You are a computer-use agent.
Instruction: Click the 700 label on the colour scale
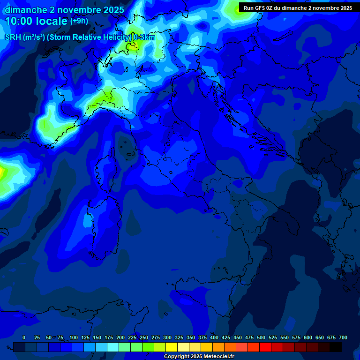click(343, 337)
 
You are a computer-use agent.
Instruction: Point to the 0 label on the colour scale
click(24, 337)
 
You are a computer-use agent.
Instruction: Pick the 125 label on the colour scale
click(85, 337)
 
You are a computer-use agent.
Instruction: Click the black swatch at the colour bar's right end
click(336, 347)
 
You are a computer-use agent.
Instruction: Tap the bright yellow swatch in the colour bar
click(172, 347)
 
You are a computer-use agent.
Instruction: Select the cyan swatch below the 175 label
click(113, 347)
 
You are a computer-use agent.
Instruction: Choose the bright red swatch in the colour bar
click(265, 347)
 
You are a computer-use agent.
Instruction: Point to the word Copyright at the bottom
click(177, 357)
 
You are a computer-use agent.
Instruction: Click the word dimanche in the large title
click(25, 10)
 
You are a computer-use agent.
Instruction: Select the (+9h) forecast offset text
click(79, 21)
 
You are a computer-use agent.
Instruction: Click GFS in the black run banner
click(261, 8)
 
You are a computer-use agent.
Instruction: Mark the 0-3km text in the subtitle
click(144, 37)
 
